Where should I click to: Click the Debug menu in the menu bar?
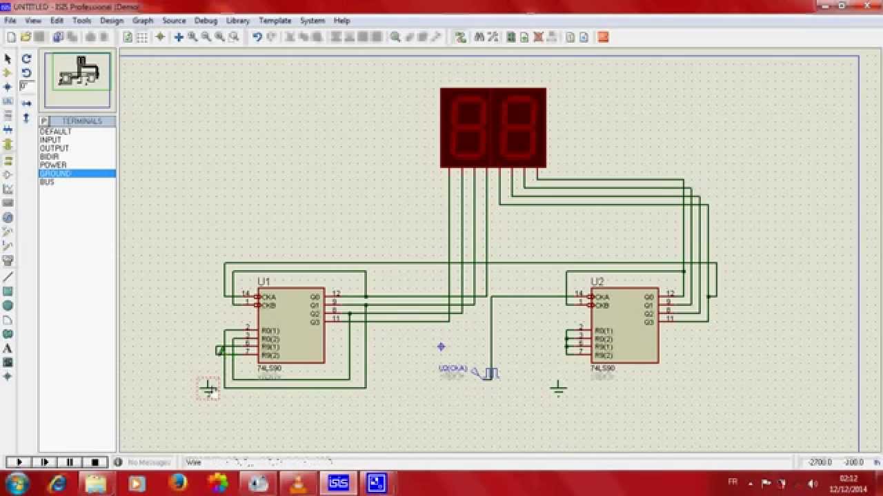pyautogui.click(x=206, y=21)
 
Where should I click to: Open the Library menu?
pyautogui.click(x=238, y=21)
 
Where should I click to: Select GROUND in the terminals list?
pyautogui.click(x=56, y=174)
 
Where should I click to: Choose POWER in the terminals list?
pyautogui.click(x=53, y=165)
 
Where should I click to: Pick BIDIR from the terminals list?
pyautogui.click(x=50, y=157)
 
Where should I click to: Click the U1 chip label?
pyautogui.click(x=264, y=282)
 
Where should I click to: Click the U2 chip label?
pyautogui.click(x=597, y=282)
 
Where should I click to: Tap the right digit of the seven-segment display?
pyautogui.click(x=518, y=127)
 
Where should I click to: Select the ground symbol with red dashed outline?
pyautogui.click(x=208, y=389)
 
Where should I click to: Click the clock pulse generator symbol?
pyautogui.click(x=490, y=373)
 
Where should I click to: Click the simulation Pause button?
pyautogui.click(x=70, y=462)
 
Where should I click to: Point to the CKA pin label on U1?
pyautogui.click(x=268, y=298)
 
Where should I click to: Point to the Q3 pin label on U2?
pyautogui.click(x=648, y=322)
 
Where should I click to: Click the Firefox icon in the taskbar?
pyautogui.click(x=177, y=483)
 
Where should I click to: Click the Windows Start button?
pyautogui.click(x=17, y=483)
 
